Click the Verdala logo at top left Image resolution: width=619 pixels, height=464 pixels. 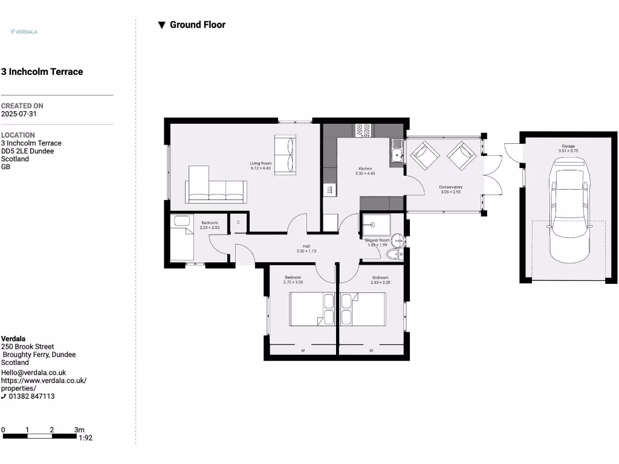point(24,31)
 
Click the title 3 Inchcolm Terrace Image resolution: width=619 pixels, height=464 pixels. point(42,72)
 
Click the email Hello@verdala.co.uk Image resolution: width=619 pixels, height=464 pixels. point(33,373)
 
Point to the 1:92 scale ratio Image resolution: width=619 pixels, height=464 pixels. point(85,438)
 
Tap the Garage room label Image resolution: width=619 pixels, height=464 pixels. point(568,146)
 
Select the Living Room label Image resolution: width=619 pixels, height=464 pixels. point(261,164)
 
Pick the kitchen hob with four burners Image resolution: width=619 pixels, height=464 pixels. point(363,130)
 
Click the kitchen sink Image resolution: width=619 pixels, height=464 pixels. point(397,151)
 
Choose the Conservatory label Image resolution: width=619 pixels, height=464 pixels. point(450,187)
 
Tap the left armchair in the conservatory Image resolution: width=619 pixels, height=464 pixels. point(424,155)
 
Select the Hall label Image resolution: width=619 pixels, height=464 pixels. point(306,246)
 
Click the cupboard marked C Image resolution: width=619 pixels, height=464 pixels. point(238,222)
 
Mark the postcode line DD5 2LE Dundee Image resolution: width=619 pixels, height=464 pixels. point(27,151)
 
